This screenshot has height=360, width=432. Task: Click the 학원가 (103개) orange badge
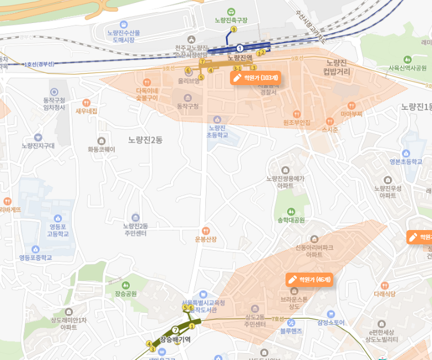pyautogui.click(x=255, y=78)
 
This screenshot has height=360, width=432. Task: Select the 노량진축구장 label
pyautogui.click(x=231, y=20)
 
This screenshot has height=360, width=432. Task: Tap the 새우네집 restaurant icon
pyautogui.click(x=87, y=102)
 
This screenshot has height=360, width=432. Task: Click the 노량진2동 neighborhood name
pyautogui.click(x=145, y=140)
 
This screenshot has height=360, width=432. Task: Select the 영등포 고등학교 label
pyautogui.click(x=57, y=231)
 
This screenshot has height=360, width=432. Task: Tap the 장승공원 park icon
pyautogui.click(x=126, y=284)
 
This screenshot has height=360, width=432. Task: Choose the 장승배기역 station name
pyautogui.click(x=175, y=339)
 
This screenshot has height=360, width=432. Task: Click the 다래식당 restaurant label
pyautogui.click(x=384, y=293)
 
